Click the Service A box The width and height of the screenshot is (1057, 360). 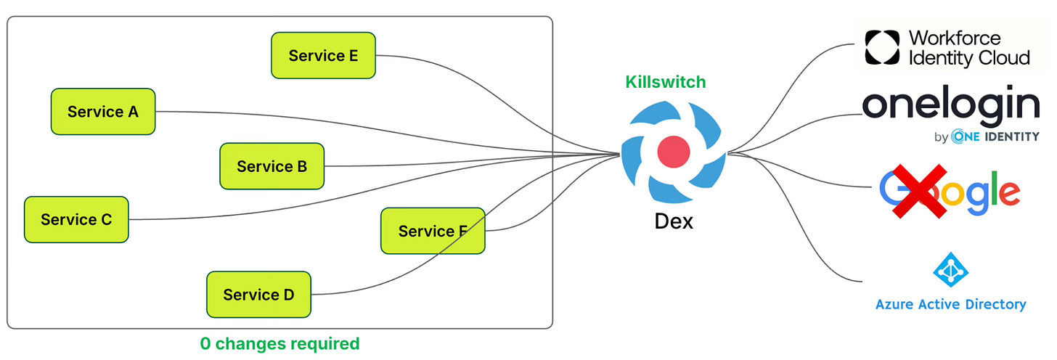click(x=103, y=111)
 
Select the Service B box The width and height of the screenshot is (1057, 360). click(x=272, y=166)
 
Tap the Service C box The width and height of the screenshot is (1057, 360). click(x=76, y=219)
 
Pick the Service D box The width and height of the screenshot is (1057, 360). click(x=258, y=295)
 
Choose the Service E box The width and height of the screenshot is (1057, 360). click(x=323, y=55)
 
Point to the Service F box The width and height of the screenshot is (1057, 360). click(x=433, y=231)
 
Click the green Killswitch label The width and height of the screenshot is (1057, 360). click(x=665, y=82)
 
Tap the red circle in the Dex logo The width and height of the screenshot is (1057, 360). click(x=674, y=152)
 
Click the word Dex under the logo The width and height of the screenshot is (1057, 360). click(x=674, y=221)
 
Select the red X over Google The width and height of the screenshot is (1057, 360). click(x=920, y=191)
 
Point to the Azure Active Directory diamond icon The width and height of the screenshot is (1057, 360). click(x=951, y=269)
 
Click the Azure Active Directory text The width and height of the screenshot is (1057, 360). click(x=951, y=304)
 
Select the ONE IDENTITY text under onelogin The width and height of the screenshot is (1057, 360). click(x=995, y=136)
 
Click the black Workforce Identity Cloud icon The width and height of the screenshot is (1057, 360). click(x=882, y=47)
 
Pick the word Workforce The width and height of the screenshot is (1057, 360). click(x=955, y=38)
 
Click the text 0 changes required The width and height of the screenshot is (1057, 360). click(x=279, y=343)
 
